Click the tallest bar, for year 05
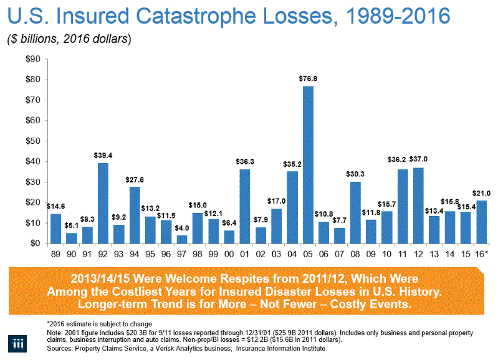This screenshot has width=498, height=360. click(x=308, y=164)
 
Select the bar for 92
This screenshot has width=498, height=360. click(x=103, y=203)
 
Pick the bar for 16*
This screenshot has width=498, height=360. click(x=482, y=222)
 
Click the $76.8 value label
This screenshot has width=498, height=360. click(x=308, y=79)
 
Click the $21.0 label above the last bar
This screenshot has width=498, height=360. click(x=481, y=193)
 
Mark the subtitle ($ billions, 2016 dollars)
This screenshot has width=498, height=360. click(x=69, y=39)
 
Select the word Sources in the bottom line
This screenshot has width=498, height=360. click(x=62, y=349)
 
